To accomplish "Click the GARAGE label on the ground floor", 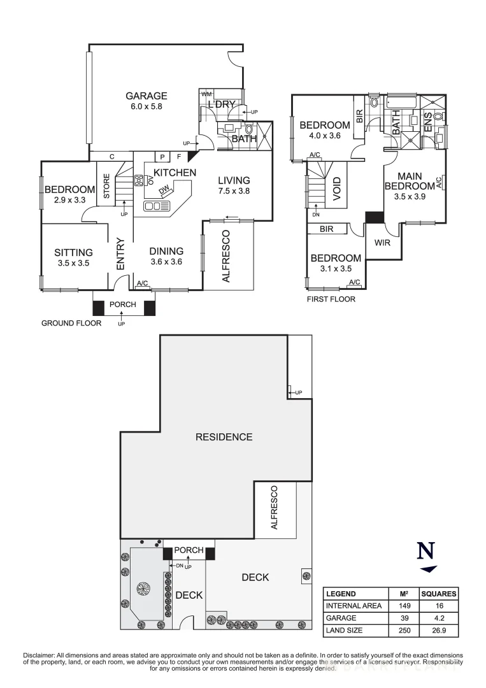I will (146, 96).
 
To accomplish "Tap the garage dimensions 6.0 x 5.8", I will (146, 107).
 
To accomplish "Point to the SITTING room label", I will (73, 252).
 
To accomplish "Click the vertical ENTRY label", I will (120, 253).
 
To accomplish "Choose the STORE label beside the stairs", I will (107, 185).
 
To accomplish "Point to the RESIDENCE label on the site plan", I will (224, 437).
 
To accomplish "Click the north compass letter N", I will (425, 551).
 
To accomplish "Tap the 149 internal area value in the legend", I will (403, 606).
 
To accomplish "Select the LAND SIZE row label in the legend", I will (345, 631).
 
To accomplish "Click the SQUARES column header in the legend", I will (439, 594).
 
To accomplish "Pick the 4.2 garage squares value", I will (439, 619).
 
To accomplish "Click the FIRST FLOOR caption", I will (331, 299).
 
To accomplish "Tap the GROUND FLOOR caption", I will (71, 323).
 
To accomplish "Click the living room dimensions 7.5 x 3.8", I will (233, 191).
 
